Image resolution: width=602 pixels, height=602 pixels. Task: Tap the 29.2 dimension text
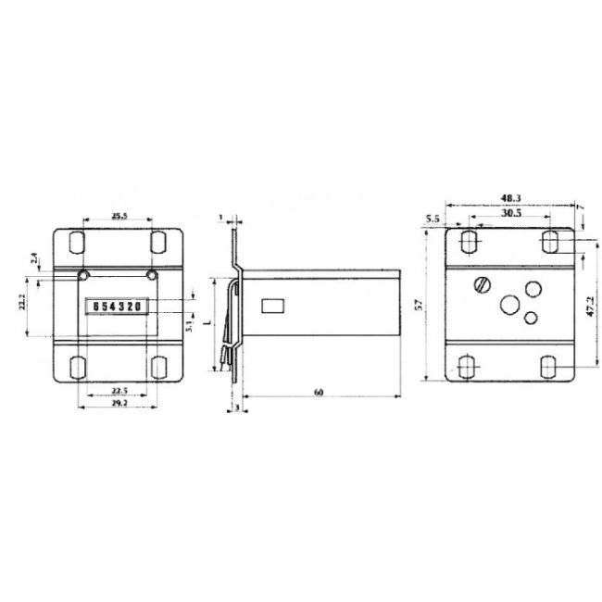tap(118, 406)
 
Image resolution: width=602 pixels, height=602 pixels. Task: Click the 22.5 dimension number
tap(118, 390)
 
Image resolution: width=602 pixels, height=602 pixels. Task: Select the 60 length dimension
tap(318, 394)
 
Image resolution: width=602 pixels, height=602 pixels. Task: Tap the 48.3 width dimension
tap(510, 197)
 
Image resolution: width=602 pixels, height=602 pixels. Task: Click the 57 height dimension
tap(419, 305)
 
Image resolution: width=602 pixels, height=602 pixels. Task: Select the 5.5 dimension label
tap(433, 219)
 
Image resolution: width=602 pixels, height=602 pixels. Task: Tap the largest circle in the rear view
tap(509, 304)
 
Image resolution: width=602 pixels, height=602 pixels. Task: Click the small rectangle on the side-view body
tap(275, 305)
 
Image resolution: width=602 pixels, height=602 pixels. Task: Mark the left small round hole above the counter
tap(83, 275)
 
